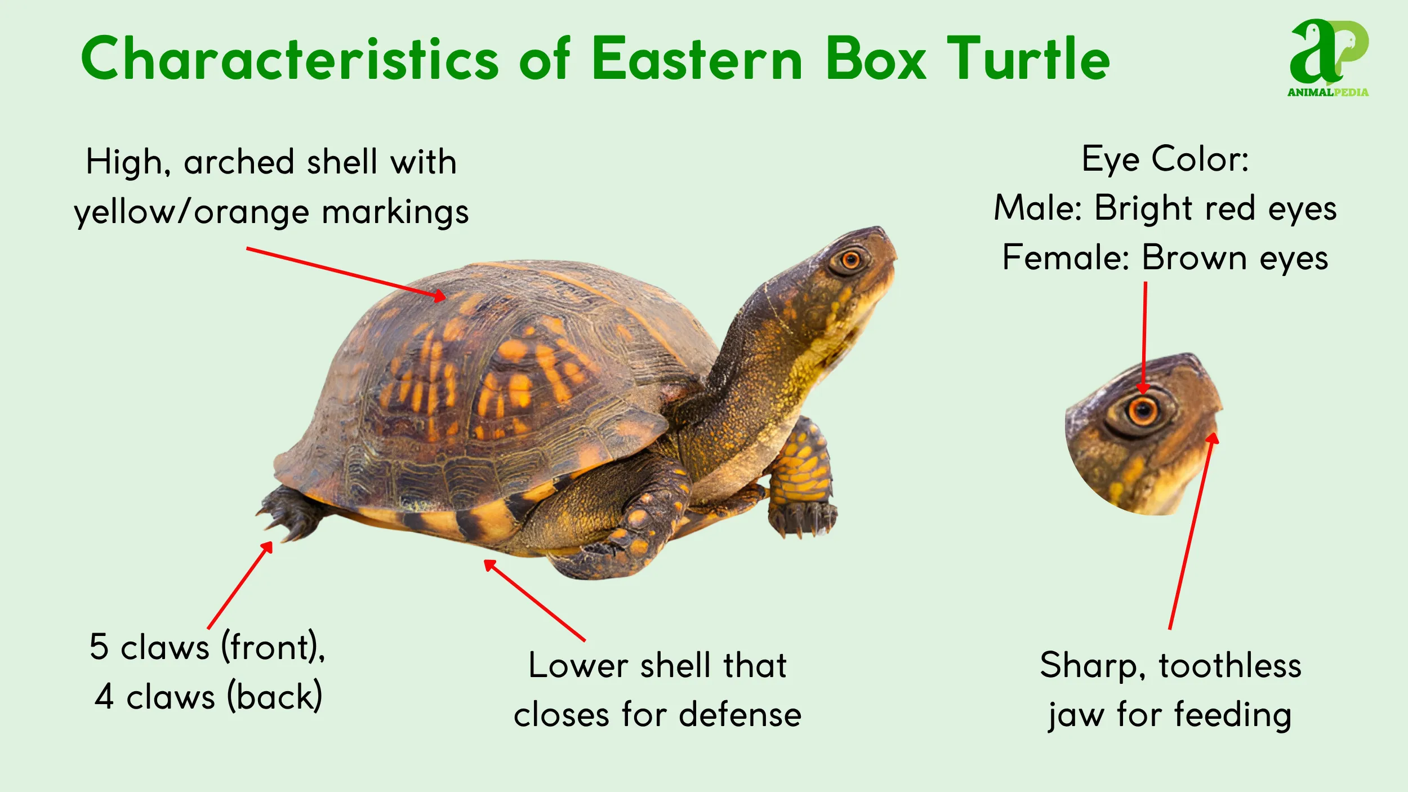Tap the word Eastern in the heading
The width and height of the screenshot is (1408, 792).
[697, 59]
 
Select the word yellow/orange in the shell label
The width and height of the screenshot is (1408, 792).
[191, 212]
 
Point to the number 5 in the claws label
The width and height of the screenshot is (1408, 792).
[99, 646]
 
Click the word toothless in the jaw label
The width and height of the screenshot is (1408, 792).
[1230, 665]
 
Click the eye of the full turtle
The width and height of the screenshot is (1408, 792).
[850, 260]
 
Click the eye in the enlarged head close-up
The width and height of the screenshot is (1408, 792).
[1143, 411]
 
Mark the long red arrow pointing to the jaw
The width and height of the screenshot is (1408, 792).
[1191, 530]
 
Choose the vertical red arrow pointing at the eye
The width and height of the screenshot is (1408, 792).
[1144, 338]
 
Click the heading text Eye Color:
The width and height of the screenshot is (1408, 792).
[1165, 159]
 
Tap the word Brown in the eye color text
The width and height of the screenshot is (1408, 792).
[1194, 257]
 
